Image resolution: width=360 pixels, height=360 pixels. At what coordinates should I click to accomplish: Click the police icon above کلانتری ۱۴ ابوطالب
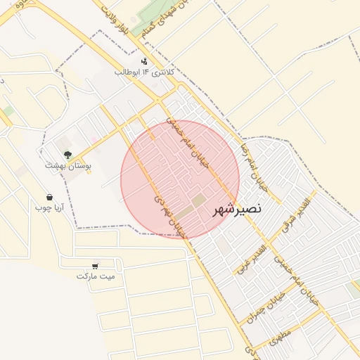point(144,61)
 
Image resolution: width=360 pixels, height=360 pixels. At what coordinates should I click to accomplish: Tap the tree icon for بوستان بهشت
point(67,154)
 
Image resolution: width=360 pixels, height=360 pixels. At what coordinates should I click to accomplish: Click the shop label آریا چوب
point(50,208)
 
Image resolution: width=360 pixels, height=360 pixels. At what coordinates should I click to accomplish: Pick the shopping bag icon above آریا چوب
point(49,197)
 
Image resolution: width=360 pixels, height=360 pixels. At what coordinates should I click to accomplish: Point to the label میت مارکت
point(96,276)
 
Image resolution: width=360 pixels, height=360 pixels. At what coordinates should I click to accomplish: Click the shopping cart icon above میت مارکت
point(95,266)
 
